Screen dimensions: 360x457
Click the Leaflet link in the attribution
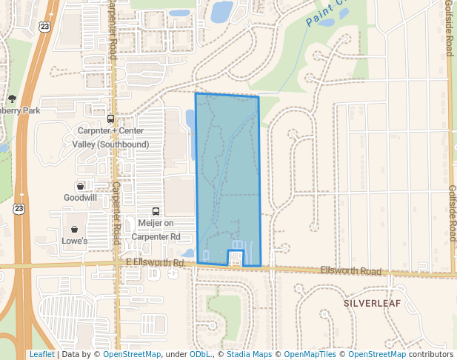[x=41, y=354]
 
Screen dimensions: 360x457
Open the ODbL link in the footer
[x=201, y=354]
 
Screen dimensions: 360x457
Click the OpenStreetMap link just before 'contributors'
[x=376, y=354]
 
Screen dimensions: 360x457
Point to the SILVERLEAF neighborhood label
[x=371, y=304]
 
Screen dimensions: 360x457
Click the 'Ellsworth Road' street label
[x=351, y=271]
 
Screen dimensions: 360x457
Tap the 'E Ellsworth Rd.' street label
[x=156, y=263]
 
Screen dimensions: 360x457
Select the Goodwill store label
[x=80, y=198]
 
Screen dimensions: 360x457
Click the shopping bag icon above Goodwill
[x=80, y=186]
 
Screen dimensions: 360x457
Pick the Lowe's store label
[x=75, y=241]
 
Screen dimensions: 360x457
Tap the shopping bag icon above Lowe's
[x=75, y=229]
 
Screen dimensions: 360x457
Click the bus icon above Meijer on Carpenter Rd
[x=156, y=212]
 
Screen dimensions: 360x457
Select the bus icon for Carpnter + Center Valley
[x=110, y=119]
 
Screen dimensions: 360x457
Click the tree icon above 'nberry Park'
[x=12, y=99]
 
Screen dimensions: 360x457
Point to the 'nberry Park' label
[x=20, y=110]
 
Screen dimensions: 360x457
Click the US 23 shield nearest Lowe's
[x=17, y=210]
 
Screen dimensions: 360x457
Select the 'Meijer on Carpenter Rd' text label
[x=156, y=230]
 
